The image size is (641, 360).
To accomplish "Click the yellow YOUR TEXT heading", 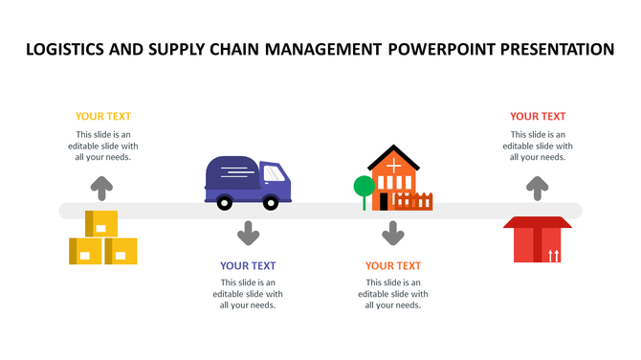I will [x=103, y=116].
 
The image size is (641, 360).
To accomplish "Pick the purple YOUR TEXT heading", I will [x=248, y=265].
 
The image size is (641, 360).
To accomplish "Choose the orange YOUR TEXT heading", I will [x=393, y=265].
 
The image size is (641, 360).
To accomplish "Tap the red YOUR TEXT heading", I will [x=538, y=116].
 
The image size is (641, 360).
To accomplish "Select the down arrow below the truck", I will [x=249, y=233].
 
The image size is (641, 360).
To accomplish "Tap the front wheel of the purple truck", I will [x=272, y=202].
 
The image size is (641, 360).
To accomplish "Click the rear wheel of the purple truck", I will [x=225, y=202].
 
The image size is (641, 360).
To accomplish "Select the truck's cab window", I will [x=275, y=173].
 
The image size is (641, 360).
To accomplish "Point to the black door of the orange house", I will [x=384, y=201].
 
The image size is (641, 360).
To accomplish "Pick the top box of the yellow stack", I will [x=101, y=224].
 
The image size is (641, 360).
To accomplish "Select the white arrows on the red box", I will [x=554, y=254].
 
